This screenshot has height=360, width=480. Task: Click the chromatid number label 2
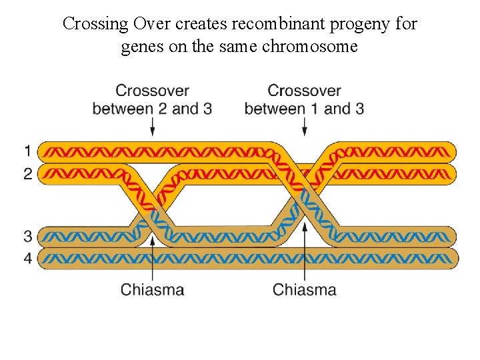click(27, 174)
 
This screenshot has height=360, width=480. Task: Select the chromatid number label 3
click(27, 236)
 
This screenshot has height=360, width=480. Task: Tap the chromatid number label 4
click(27, 258)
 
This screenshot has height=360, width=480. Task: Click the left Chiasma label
click(152, 289)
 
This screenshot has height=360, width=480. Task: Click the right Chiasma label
click(305, 289)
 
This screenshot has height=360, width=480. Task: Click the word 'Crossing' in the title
click(95, 24)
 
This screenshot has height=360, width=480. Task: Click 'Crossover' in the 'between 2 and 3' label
click(152, 91)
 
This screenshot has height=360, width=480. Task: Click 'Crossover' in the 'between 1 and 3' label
click(304, 91)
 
